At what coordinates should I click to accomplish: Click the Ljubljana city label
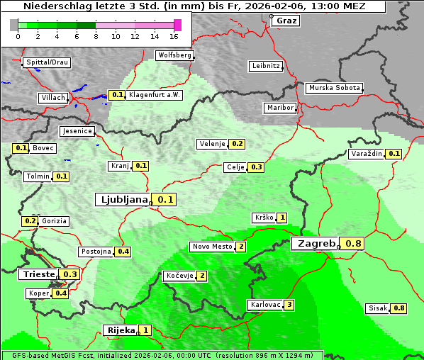point(122,200)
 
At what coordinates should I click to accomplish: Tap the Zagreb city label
point(316,244)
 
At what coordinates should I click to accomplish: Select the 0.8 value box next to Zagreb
point(353,244)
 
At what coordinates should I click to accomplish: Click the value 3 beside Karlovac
point(289,305)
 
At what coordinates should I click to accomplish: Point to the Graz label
point(286,21)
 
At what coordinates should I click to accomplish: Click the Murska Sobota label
point(333,88)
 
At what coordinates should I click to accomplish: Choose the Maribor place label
point(279,108)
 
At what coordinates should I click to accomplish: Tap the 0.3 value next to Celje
point(256,167)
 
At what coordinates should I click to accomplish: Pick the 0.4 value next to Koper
point(60,293)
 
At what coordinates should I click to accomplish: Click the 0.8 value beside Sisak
point(399,308)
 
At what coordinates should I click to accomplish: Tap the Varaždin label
point(366,154)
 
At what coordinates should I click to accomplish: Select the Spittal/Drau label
point(48,62)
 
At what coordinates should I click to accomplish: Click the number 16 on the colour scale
point(174,36)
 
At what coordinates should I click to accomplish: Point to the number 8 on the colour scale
point(96,36)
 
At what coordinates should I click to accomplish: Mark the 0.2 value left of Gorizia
point(30,221)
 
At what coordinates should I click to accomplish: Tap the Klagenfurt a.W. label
point(154,95)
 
